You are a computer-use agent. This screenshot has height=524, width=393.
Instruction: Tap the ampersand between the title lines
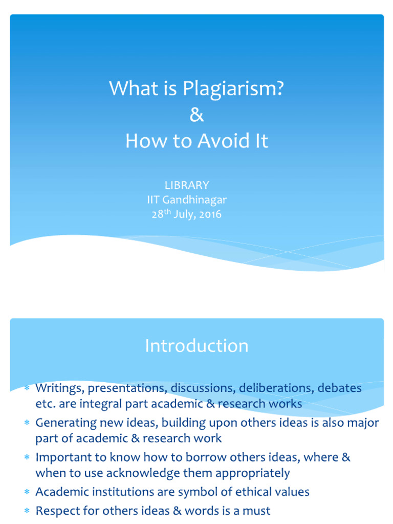(x=196, y=115)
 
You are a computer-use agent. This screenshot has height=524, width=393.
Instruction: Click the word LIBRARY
(x=187, y=185)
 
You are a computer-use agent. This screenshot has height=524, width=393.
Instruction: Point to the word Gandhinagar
(x=193, y=200)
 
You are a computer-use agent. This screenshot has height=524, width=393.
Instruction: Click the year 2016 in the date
(x=211, y=214)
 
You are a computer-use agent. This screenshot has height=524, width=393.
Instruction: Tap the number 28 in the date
(x=157, y=214)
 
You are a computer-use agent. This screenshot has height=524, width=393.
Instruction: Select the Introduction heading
(x=196, y=346)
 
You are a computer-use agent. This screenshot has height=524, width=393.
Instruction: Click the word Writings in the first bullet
(x=56, y=388)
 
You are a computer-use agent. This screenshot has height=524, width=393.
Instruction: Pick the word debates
(x=339, y=388)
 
